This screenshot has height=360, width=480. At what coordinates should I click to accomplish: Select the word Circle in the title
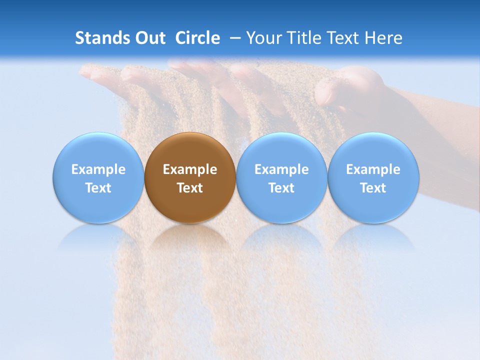click(197, 38)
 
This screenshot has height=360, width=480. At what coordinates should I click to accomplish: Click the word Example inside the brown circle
click(190, 169)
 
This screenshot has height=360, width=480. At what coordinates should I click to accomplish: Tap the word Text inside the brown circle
click(190, 188)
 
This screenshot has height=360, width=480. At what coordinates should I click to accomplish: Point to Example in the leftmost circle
click(98, 169)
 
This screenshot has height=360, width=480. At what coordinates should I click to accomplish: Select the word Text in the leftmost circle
click(98, 188)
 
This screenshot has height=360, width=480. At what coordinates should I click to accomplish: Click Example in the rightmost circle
click(373, 169)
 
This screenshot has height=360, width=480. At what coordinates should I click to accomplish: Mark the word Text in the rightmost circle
click(373, 188)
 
